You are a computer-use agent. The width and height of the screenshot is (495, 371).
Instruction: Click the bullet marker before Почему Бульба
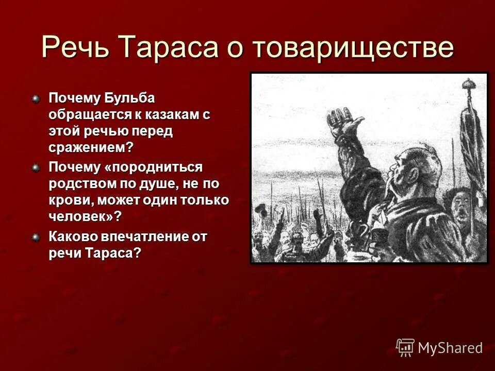click(36, 98)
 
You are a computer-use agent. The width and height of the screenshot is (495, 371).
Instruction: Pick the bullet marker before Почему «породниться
click(36, 167)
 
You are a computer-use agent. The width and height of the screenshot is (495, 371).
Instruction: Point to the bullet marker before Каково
click(36, 237)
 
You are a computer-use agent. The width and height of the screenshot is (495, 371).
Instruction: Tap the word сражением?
click(91, 147)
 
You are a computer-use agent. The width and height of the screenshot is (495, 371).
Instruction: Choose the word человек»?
click(85, 216)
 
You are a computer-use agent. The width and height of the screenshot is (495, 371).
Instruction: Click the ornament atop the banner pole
click(469, 85)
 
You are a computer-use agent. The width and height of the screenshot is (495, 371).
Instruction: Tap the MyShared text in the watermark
click(450, 348)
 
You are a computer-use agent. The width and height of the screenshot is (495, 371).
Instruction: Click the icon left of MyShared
click(405, 347)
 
